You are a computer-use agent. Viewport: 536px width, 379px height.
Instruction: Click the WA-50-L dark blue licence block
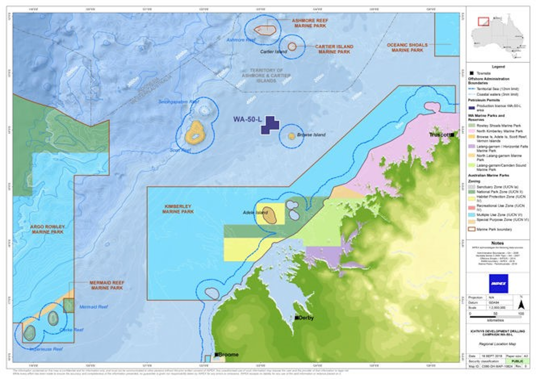point(269,125)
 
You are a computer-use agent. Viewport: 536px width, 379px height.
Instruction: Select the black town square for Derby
point(297,318)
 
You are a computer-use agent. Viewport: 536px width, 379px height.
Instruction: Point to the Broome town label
point(228,355)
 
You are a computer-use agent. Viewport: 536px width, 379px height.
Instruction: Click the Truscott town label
point(440,134)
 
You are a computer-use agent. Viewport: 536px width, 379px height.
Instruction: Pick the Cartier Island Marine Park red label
point(334,49)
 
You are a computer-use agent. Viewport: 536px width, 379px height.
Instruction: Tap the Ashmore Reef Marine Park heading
point(309,23)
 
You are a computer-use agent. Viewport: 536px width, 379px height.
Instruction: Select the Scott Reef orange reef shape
point(195,132)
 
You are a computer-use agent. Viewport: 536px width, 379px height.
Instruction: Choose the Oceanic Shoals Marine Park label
point(407,48)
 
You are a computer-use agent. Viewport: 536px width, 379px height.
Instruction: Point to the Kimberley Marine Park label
point(178,209)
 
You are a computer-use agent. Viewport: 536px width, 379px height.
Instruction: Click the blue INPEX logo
point(498,283)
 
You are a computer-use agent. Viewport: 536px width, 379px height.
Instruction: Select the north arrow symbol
point(520,304)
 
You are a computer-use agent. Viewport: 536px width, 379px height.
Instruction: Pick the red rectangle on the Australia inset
point(484,21)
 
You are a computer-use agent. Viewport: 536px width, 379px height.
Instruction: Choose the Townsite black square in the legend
point(472,73)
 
